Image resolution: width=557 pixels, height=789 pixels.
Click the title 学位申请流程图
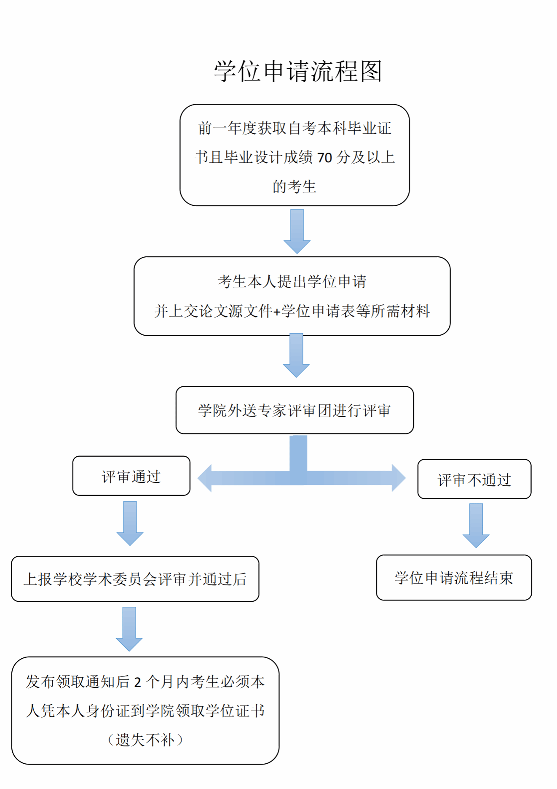click(x=297, y=71)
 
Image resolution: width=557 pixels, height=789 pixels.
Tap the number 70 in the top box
click(x=324, y=158)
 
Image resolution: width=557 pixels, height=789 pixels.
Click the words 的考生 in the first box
click(x=294, y=187)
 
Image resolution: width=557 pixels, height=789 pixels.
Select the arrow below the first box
click(x=297, y=231)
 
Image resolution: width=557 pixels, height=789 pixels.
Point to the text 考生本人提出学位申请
click(x=292, y=281)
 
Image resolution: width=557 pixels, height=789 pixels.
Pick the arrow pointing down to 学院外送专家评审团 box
click(x=296, y=355)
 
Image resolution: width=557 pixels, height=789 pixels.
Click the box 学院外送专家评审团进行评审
click(x=295, y=410)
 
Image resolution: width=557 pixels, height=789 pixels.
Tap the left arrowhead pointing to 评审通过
click(x=205, y=478)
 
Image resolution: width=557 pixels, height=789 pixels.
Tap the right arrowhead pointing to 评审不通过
click(x=398, y=478)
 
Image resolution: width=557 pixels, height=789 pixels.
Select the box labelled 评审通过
click(x=131, y=476)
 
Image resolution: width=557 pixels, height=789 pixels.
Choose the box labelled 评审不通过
click(x=474, y=479)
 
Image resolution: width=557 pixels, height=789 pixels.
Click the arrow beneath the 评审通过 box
click(x=130, y=523)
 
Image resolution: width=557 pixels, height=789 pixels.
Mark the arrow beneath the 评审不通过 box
click(x=476, y=525)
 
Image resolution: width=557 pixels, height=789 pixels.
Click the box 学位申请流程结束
click(x=454, y=578)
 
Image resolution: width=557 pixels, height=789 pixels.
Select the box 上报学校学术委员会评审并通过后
click(x=135, y=579)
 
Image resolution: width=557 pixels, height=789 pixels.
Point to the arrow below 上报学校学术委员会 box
click(x=129, y=629)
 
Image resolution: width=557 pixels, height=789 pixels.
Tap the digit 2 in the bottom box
click(x=137, y=682)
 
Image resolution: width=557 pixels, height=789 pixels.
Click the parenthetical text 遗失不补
click(x=145, y=740)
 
